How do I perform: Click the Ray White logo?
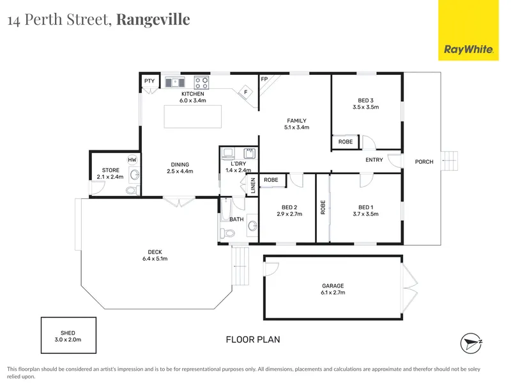point(468,30)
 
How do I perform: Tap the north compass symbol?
point(471,344)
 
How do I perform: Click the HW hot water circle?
point(132,159)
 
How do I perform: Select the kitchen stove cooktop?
point(201,83)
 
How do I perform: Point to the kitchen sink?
point(175,83)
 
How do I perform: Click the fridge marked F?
point(246,92)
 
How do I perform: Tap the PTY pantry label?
point(149,81)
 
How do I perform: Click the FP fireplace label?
point(264,79)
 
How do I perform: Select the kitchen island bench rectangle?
point(193,116)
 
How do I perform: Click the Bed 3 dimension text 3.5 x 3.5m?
point(365,107)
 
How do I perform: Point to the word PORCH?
point(424,162)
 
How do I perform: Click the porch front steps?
point(450,161)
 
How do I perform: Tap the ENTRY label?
point(374,159)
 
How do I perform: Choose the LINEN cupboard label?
point(253,186)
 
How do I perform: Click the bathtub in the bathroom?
point(225,210)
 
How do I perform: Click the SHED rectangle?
point(68,335)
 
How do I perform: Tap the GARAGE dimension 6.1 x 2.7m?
point(333,292)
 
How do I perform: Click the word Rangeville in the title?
point(153,20)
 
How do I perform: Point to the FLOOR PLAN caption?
point(253,340)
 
